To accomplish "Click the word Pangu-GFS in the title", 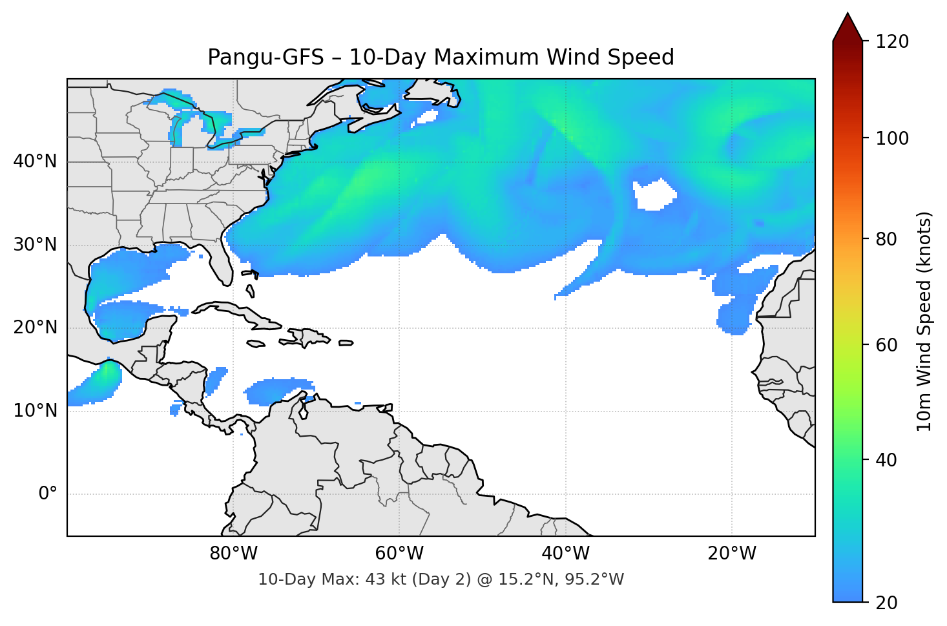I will (265, 58).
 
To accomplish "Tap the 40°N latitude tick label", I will (35, 162).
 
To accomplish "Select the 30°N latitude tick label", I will (35, 245).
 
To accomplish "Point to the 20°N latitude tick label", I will (35, 328).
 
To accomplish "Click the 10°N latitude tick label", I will (35, 411).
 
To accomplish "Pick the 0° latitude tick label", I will (48, 494).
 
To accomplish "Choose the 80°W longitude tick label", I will (233, 554).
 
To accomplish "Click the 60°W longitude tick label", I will (399, 554).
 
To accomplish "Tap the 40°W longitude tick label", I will (565, 554).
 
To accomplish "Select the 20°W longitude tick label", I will (731, 554).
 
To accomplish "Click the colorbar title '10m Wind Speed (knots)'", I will (924, 321).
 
